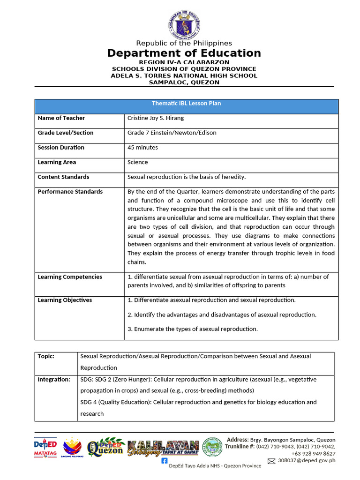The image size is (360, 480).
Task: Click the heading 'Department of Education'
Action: [184, 53]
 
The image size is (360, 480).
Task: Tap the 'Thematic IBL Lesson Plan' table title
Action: [186, 104]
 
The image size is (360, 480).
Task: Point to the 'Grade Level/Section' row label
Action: [65, 133]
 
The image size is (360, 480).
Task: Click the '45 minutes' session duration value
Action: [142, 147]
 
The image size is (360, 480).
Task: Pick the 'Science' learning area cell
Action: [137, 162]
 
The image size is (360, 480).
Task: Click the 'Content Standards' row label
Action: [63, 177]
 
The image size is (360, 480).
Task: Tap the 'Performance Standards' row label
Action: [70, 191]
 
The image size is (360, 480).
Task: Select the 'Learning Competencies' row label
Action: [69, 277]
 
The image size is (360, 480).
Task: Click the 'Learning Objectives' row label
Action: [65, 300]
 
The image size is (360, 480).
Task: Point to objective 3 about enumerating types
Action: [193, 329]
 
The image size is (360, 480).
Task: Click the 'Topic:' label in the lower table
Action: [46, 356]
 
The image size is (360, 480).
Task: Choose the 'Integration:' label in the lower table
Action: [54, 379]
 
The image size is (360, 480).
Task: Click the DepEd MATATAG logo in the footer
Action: [45, 448]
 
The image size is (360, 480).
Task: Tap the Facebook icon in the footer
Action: [164, 461]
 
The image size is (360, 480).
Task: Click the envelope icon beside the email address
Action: [271, 461]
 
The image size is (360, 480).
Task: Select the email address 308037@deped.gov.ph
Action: [307, 461]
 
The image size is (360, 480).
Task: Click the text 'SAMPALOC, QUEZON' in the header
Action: [184, 82]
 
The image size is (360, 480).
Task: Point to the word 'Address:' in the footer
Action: [238, 440]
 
